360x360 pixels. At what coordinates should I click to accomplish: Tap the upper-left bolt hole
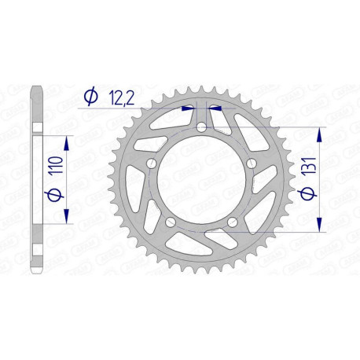coord(151,163)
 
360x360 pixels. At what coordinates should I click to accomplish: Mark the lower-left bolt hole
coord(170,222)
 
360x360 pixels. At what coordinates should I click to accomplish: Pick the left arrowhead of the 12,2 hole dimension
coord(189,110)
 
